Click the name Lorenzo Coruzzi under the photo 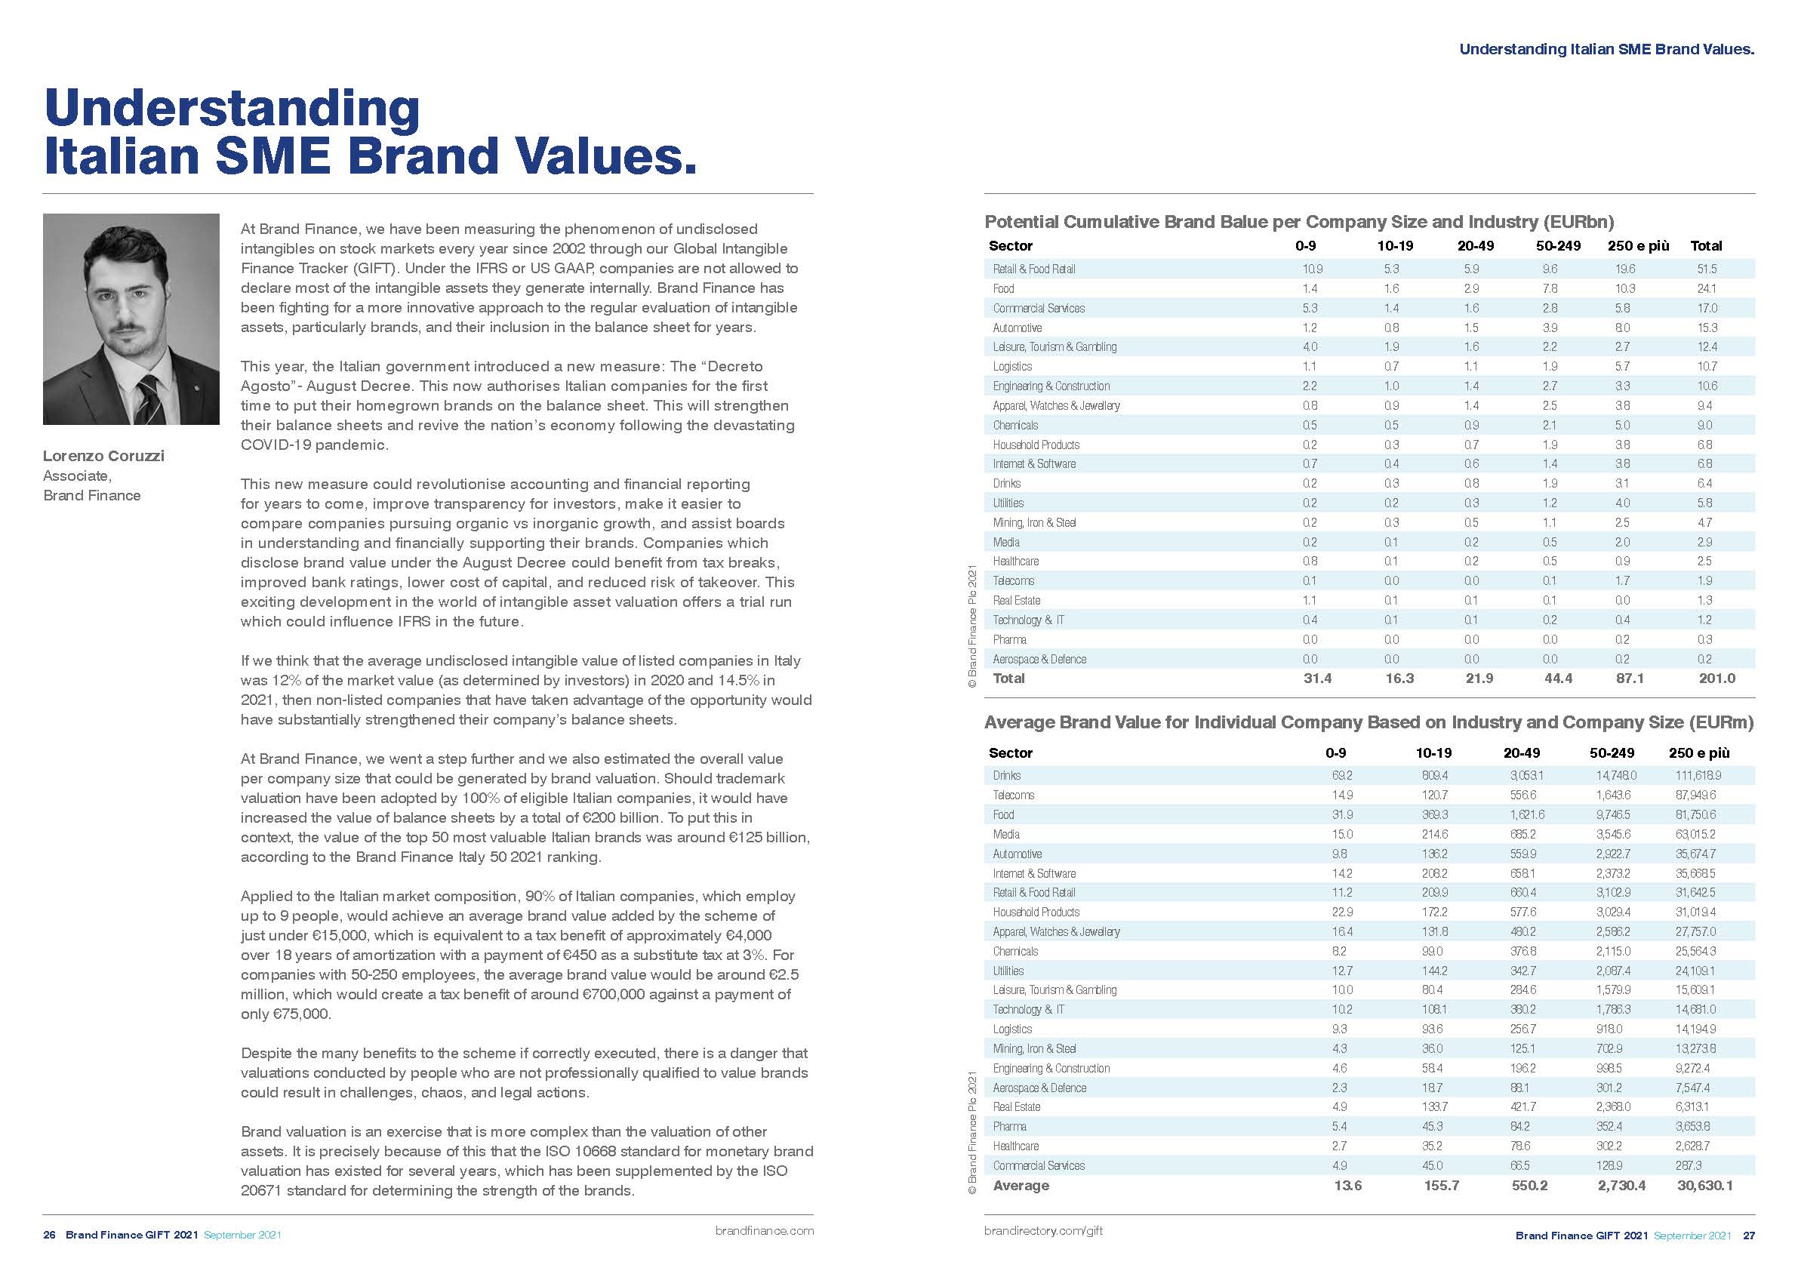(x=103, y=456)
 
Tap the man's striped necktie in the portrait (x=147, y=399)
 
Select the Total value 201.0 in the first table (x=1716, y=679)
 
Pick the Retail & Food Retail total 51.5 (x=1707, y=269)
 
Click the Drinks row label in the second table (x=1006, y=775)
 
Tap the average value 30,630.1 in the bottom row (x=1704, y=1186)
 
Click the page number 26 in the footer (x=49, y=1235)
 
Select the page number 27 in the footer (x=1749, y=1236)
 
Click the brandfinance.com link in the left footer (x=765, y=1231)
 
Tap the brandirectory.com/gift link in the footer (x=1043, y=1230)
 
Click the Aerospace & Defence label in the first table (x=1039, y=660)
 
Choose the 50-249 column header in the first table (x=1558, y=246)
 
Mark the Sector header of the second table (x=1010, y=752)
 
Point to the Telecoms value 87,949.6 (x=1695, y=795)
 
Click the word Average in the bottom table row (x=1021, y=1186)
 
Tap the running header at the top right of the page (x=1606, y=49)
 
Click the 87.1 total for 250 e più (x=1630, y=679)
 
